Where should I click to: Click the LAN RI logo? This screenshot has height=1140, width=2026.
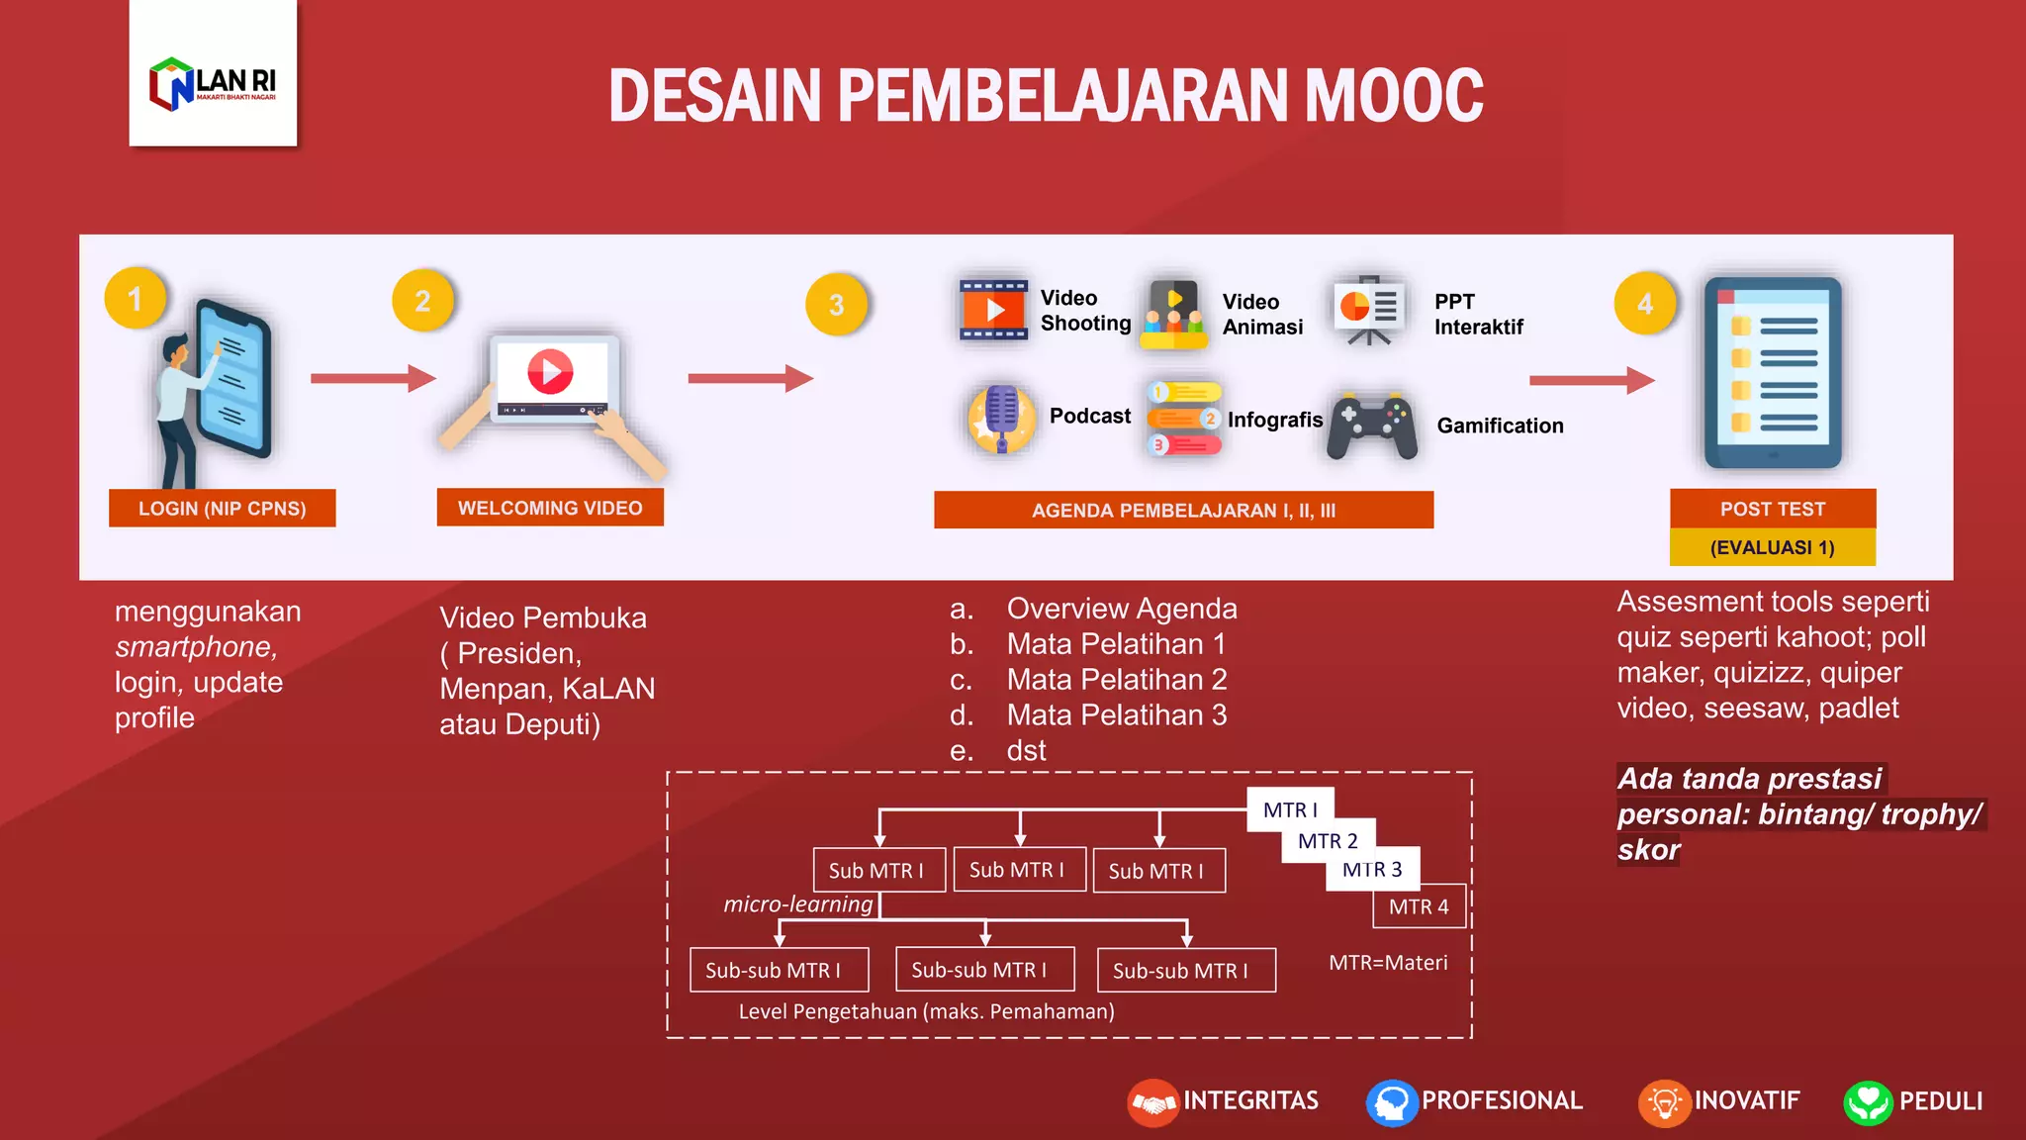213,83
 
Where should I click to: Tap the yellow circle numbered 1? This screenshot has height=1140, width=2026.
136,299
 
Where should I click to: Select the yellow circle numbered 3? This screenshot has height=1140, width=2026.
837,304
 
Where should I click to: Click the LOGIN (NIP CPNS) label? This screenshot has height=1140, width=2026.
222,509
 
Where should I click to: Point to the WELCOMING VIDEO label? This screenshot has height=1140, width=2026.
550,508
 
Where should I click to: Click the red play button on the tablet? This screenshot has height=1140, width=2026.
550,372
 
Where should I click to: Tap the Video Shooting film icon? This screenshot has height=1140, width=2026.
993,310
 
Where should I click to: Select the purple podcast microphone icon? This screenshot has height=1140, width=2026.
1001,418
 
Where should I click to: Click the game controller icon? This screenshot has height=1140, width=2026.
1372,427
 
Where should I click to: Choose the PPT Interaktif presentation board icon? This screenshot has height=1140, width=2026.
1368,309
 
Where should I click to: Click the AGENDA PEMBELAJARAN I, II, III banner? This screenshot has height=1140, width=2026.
1183,511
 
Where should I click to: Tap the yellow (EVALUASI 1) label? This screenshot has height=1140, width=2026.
1772,547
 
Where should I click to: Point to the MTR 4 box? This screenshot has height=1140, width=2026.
1419,906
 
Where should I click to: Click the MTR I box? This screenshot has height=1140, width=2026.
1290,809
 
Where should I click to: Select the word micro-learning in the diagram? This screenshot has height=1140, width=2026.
798,903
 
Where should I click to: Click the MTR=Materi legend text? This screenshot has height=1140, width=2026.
1388,963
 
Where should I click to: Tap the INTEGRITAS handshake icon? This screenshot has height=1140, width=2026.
1152,1102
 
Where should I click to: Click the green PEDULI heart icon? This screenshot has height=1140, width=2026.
1868,1102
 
